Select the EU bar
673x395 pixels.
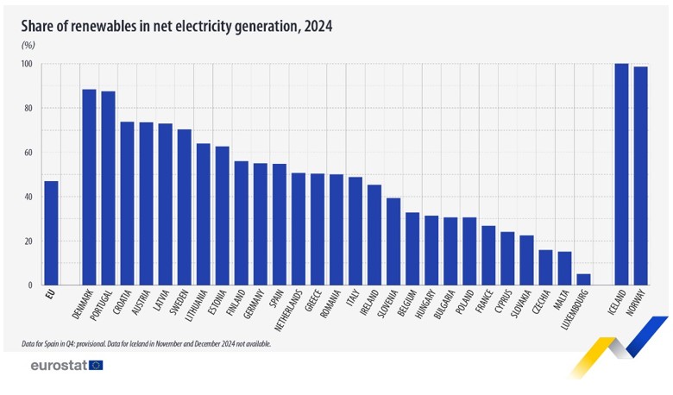51,233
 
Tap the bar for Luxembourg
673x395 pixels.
583,279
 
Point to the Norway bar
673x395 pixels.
640,176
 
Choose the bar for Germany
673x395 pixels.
261,224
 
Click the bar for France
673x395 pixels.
488,255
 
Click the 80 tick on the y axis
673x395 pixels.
27,109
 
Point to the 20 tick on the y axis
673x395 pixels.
27,241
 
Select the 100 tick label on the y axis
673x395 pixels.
26,65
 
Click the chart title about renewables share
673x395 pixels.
177,27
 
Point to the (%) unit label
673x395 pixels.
28,46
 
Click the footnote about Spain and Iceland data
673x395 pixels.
147,343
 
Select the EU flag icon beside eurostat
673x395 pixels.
95,366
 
